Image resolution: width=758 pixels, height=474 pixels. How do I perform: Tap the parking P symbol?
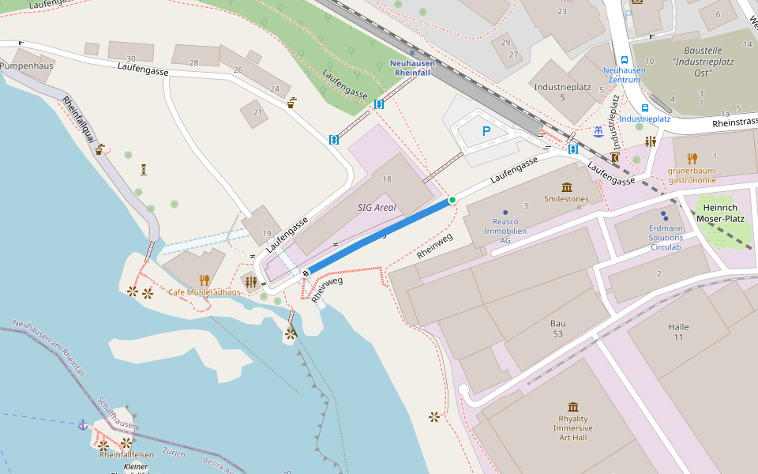[486, 132]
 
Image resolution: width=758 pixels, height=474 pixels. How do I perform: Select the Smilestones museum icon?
[567, 187]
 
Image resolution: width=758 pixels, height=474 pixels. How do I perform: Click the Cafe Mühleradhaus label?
[205, 292]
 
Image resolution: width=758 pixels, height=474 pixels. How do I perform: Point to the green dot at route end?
[452, 200]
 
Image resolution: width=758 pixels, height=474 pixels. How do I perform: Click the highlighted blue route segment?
[379, 235]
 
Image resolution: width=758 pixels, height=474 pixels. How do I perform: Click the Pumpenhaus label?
[27, 66]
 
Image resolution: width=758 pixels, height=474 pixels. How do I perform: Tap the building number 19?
[267, 233]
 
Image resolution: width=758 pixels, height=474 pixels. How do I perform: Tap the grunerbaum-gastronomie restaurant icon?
[692, 158]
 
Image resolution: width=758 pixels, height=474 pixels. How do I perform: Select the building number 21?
[257, 112]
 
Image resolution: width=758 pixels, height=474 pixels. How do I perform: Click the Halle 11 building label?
[678, 332]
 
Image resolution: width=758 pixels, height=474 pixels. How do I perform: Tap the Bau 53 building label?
[558, 329]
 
